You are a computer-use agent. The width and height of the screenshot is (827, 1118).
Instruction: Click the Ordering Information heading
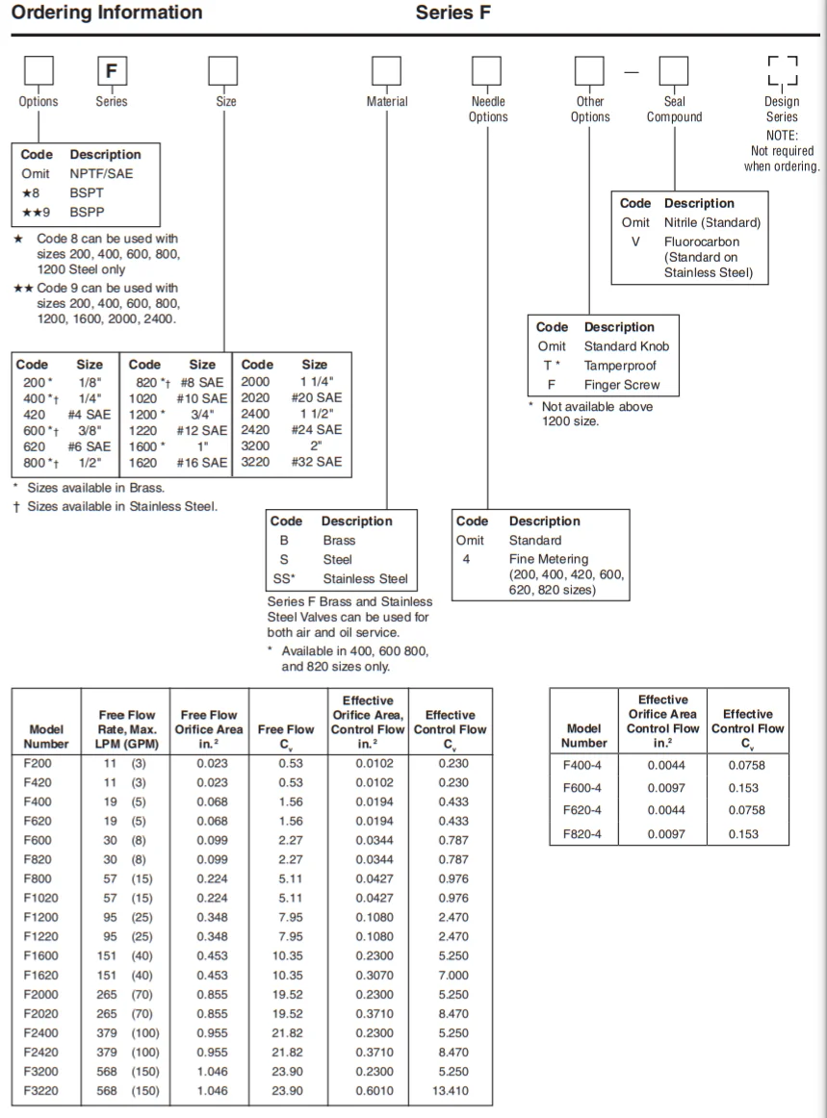[107, 13]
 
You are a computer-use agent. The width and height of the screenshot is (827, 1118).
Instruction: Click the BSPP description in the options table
[85, 212]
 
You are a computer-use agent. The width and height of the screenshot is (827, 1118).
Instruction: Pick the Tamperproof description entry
[615, 366]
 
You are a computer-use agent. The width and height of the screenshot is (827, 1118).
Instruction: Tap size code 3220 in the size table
[257, 462]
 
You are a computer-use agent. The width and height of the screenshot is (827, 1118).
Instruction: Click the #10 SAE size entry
[202, 397]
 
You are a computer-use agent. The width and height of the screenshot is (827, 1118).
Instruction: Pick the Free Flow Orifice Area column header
[209, 728]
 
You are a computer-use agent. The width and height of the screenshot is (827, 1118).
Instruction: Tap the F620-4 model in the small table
[582, 809]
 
